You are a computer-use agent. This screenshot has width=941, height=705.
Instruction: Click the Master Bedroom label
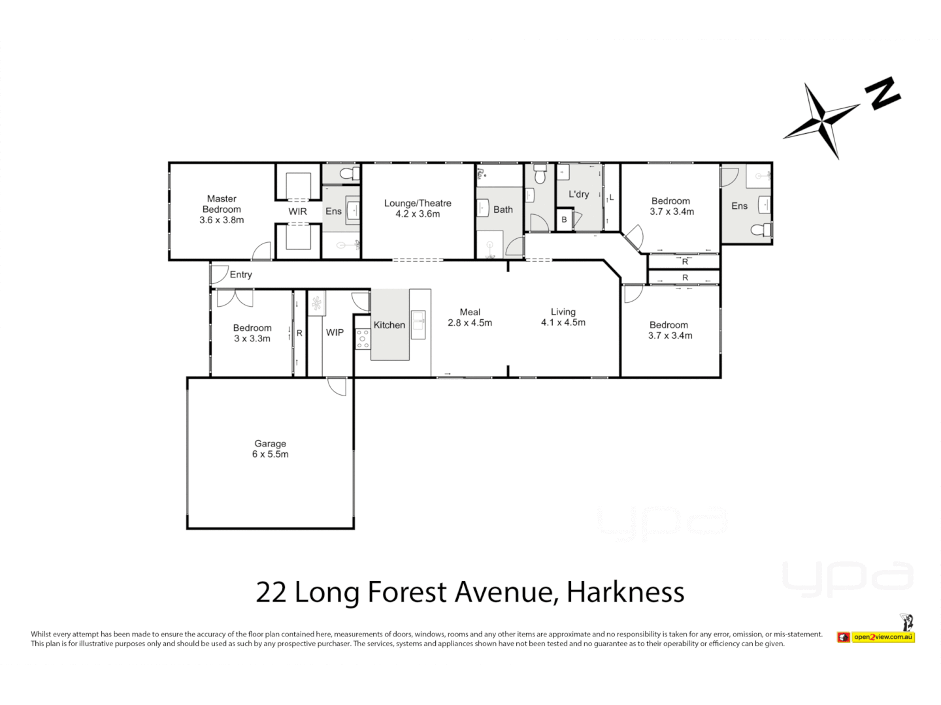pyautogui.click(x=222, y=209)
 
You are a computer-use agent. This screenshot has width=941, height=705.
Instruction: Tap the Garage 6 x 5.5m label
pyautogui.click(x=270, y=449)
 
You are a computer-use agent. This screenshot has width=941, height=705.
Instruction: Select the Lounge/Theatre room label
pyautogui.click(x=418, y=208)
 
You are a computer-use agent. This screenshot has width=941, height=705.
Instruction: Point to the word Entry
pyautogui.click(x=240, y=275)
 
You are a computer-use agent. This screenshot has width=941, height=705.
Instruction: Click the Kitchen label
pyautogui.click(x=389, y=325)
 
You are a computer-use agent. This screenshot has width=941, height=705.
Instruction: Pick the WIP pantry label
pyautogui.click(x=335, y=332)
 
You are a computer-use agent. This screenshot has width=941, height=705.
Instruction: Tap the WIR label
pyautogui.click(x=297, y=211)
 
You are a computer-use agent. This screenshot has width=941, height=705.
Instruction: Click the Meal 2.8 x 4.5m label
pyautogui.click(x=470, y=317)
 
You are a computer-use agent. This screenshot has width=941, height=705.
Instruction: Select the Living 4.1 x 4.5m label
pyautogui.click(x=563, y=317)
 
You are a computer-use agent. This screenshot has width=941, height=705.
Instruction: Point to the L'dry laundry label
pyautogui.click(x=578, y=194)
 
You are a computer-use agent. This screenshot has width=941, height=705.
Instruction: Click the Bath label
pyautogui.click(x=503, y=210)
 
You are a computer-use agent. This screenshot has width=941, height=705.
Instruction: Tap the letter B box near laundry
pyautogui.click(x=564, y=220)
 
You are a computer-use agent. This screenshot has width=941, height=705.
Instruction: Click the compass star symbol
pyautogui.click(x=821, y=121)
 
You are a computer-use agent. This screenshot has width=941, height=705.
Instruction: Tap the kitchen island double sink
pyautogui.click(x=418, y=325)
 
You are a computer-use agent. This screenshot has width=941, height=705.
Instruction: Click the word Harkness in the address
pyautogui.click(x=625, y=592)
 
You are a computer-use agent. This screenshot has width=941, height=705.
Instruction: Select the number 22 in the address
pyautogui.click(x=271, y=592)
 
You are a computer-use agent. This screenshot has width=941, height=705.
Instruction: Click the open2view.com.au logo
pyautogui.click(x=882, y=636)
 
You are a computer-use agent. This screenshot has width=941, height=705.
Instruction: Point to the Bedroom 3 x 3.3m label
pyautogui.click(x=252, y=333)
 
